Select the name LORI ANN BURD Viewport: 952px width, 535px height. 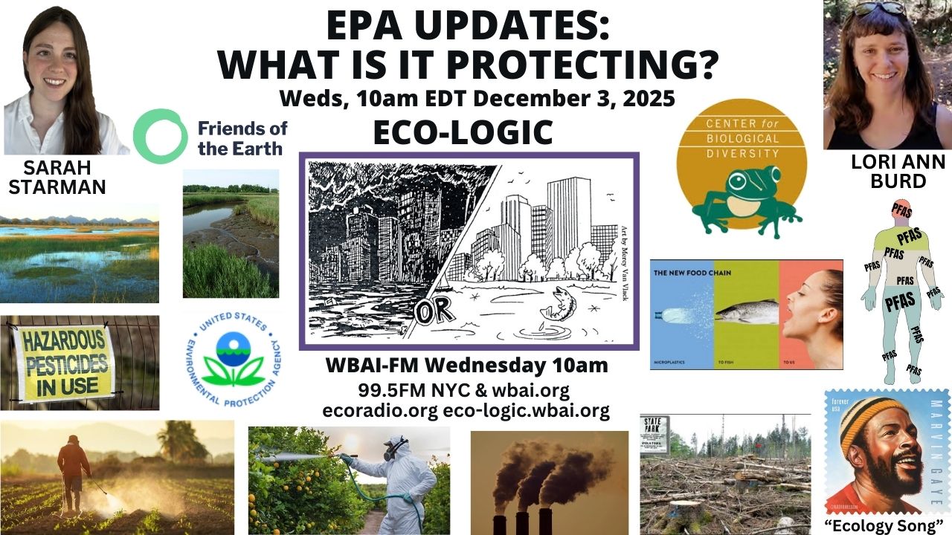[887, 171]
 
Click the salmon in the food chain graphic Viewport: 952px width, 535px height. [746, 311]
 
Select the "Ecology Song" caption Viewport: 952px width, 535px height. [885, 525]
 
